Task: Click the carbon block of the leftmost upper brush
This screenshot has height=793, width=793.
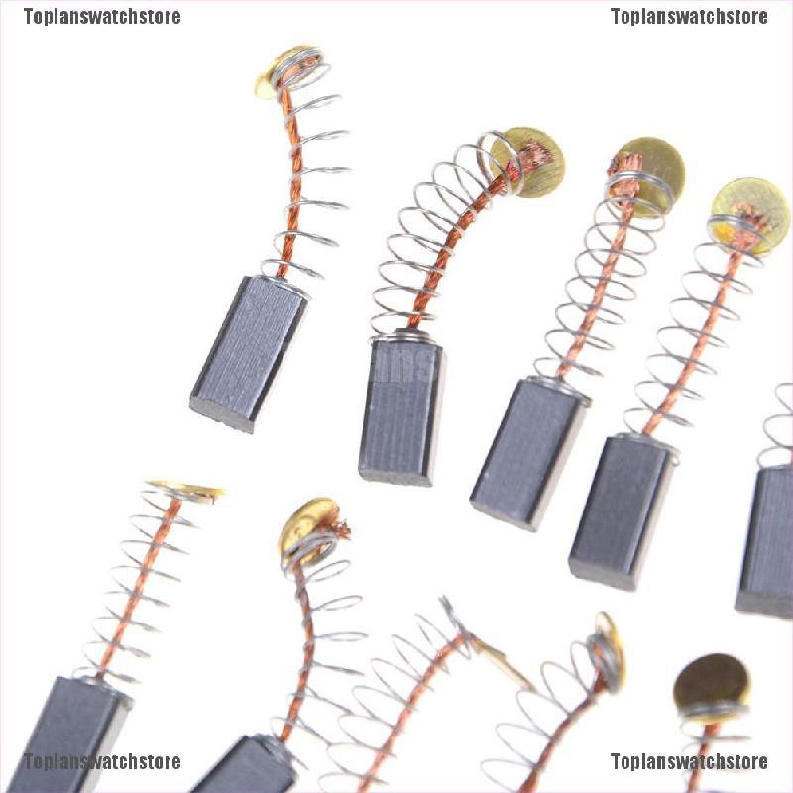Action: pyautogui.click(x=248, y=353)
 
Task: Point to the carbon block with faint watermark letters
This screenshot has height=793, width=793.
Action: pyautogui.click(x=402, y=410)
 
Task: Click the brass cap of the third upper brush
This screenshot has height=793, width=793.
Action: pyautogui.click(x=646, y=174)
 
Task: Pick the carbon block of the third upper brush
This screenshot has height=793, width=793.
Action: pyautogui.click(x=527, y=452)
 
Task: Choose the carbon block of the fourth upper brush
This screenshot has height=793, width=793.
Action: pyautogui.click(x=622, y=510)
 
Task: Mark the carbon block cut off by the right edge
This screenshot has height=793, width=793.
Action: pyautogui.click(x=767, y=540)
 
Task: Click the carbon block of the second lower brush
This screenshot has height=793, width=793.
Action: pyautogui.click(x=243, y=769)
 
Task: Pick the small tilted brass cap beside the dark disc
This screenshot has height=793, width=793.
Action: pyautogui.click(x=607, y=649)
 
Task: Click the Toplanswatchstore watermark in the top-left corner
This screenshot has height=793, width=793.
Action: pyautogui.click(x=102, y=17)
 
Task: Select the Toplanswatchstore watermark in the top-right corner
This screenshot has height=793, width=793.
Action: pyautogui.click(x=689, y=17)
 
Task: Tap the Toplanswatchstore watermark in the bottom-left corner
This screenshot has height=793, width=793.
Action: pyautogui.click(x=102, y=761)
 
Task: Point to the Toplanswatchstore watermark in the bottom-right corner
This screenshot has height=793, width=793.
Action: pyautogui.click(x=689, y=761)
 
